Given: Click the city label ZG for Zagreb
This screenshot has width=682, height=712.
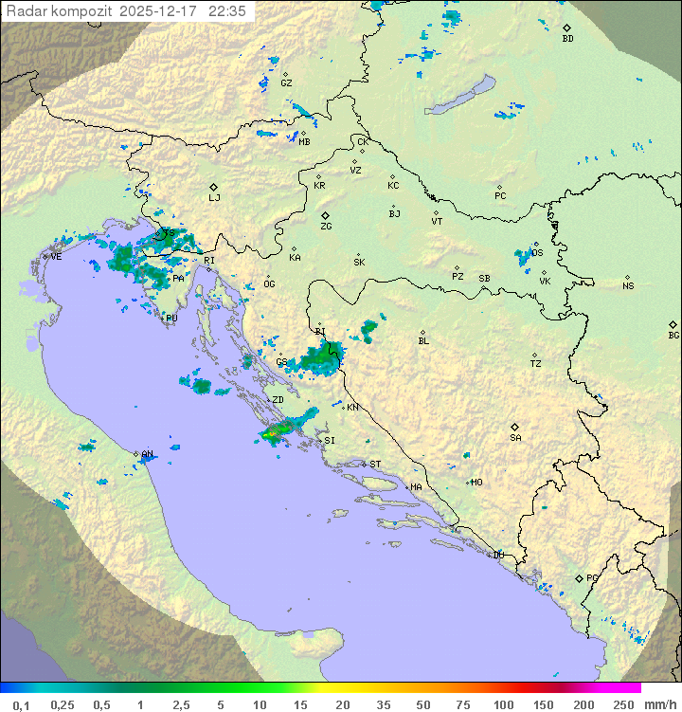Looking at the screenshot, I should [x=326, y=228].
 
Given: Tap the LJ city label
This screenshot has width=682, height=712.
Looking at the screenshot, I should [x=215, y=198].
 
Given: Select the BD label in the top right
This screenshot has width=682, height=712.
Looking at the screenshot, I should [x=567, y=39].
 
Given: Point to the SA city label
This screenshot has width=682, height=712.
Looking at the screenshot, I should [x=515, y=438].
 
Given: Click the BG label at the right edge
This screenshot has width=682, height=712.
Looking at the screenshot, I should [x=673, y=336].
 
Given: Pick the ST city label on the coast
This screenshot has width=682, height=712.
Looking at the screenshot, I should [x=375, y=465].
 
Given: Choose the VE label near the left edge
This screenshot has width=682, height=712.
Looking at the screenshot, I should [x=56, y=257].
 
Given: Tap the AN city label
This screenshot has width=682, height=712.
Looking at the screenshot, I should [x=147, y=455].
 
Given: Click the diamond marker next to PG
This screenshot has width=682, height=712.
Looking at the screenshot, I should [x=579, y=577].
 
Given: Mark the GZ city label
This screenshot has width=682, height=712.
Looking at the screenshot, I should [x=286, y=83].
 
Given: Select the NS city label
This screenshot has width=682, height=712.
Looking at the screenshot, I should [x=628, y=286].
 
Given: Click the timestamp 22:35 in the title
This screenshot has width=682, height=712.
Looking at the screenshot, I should [x=228, y=11].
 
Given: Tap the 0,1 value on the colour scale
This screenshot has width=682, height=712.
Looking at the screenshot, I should [x=21, y=704].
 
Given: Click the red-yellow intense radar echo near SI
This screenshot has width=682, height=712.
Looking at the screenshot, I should [x=273, y=433].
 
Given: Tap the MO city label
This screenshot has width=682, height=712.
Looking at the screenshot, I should [x=476, y=483].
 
